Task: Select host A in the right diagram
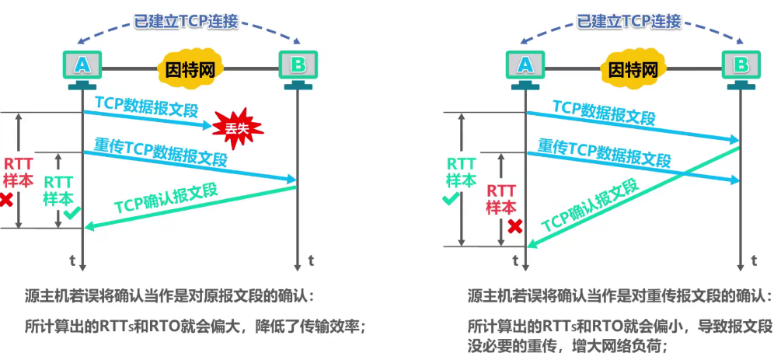coord(525,67)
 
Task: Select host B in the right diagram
coord(741,67)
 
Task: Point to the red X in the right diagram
coord(514,226)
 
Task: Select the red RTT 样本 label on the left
coord(19,172)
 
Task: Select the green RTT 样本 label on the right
coord(461,172)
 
